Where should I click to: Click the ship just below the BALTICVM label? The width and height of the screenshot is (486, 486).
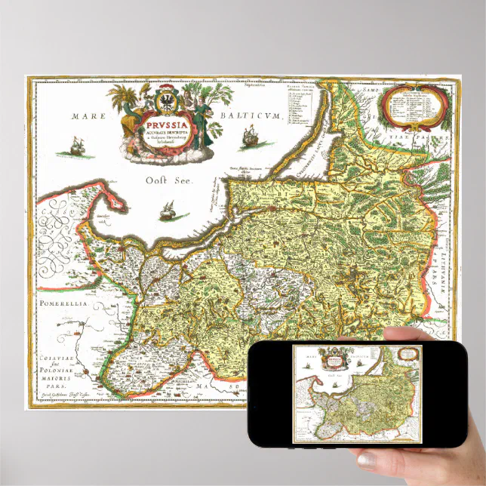tap(249, 137)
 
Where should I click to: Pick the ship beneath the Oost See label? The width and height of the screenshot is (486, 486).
tap(170, 212)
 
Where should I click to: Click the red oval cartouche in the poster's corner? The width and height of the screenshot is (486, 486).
tap(413, 106)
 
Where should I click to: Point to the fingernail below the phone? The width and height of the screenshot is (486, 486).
tap(368, 458)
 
